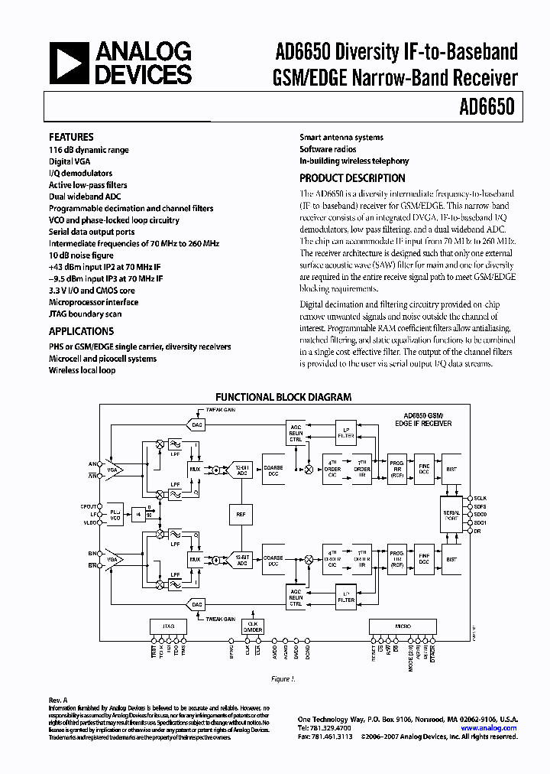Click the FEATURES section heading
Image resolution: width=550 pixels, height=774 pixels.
(71, 137)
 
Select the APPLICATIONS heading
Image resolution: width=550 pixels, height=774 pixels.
(81, 331)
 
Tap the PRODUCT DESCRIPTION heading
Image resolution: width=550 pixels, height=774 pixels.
(352, 178)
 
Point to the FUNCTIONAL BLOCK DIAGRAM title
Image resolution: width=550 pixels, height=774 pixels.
(283, 397)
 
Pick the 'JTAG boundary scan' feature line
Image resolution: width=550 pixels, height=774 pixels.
(85, 314)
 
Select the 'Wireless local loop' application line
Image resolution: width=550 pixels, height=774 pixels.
(82, 370)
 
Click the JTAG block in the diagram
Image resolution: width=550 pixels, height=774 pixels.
(168, 626)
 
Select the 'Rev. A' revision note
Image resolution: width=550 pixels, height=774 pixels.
(59, 699)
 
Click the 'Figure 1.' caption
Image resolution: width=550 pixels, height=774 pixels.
(283, 678)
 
